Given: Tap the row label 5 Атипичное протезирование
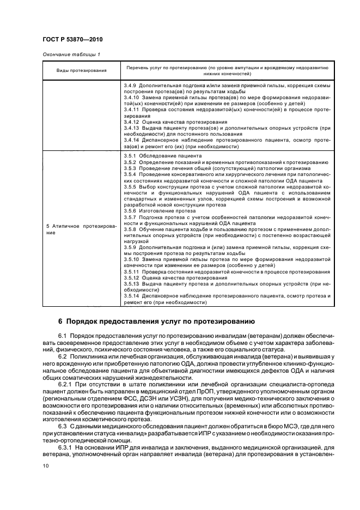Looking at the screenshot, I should pos(81,229).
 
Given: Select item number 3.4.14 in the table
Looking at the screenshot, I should pos(131,139).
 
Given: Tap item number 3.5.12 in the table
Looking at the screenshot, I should pos(131,277).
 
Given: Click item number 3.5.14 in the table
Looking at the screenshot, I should pos(131,295).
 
